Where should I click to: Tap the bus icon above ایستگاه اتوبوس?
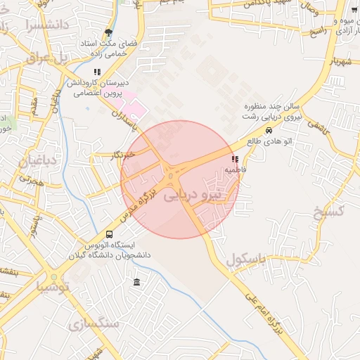109,234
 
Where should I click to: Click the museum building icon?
136,283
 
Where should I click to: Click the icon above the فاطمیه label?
234,160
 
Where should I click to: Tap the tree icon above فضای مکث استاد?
108,32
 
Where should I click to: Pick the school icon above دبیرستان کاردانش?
97,72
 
